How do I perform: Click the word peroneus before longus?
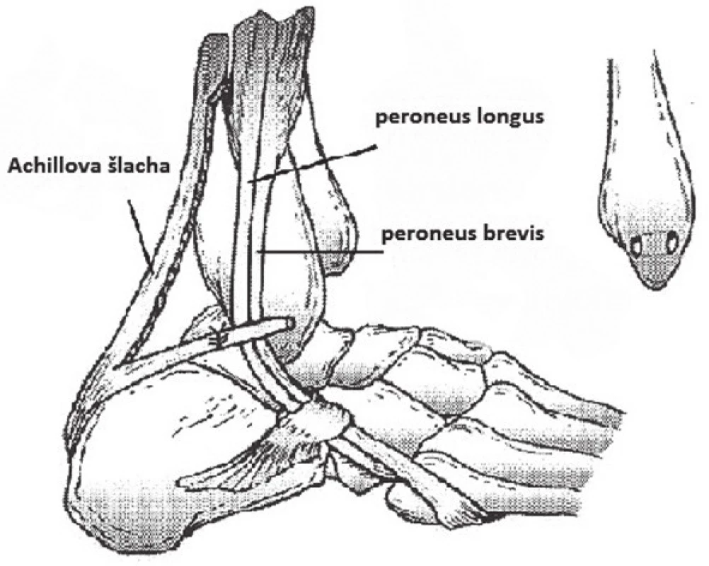point(422,118)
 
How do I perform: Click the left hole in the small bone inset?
point(636,248)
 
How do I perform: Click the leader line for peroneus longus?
point(312,164)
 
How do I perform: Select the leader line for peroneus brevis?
point(318,251)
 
